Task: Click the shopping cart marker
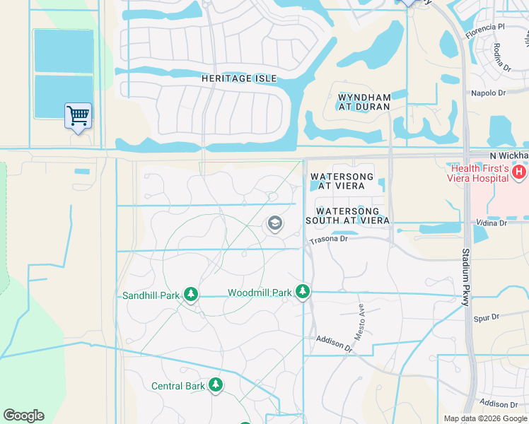pos(78,115)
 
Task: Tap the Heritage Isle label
pos(238,78)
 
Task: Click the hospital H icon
pos(520,172)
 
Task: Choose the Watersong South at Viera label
pos(347,216)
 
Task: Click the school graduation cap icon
pos(274,225)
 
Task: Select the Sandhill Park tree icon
pos(190,295)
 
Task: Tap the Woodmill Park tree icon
pos(303,291)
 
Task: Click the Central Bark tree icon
pos(215,385)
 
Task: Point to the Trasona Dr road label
pos(329,240)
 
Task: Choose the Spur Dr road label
pos(486,318)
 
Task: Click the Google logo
pos(23,416)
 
